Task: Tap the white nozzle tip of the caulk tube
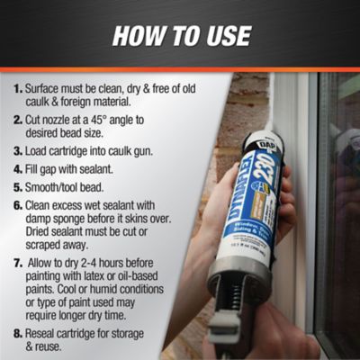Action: click(271, 99)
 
